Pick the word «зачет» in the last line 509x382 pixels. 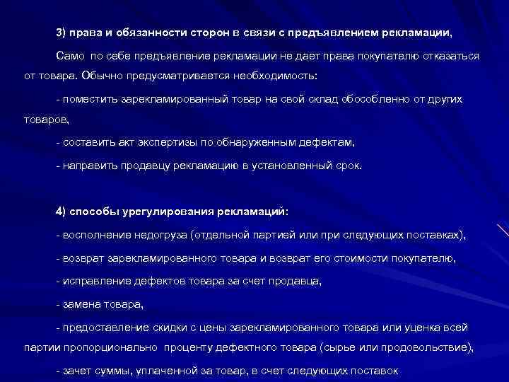[x=76, y=371]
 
